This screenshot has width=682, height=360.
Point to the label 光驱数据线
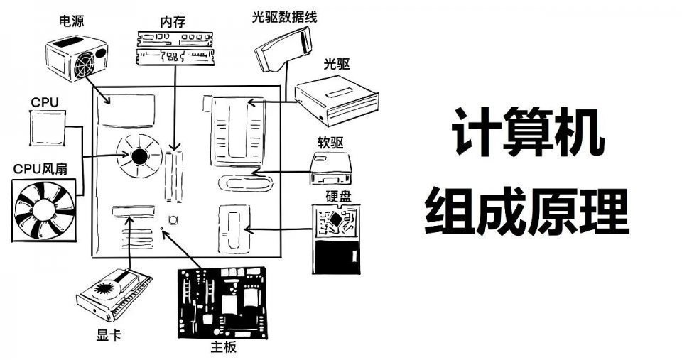[283, 16]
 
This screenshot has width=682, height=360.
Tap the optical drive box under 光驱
[336, 99]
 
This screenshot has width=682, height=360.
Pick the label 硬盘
[339, 196]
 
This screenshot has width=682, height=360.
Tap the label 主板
[223, 347]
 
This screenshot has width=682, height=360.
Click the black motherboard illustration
[223, 302]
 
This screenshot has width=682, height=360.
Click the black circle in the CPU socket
[139, 156]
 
